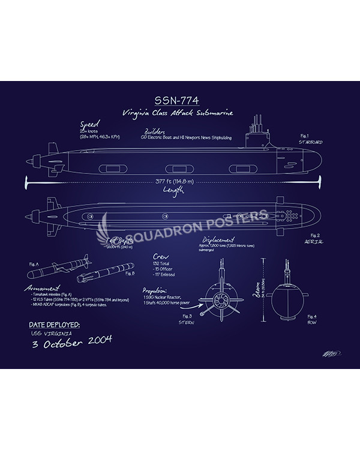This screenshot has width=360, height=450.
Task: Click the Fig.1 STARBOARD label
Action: click(311, 140)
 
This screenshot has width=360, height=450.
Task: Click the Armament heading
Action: click(42, 289)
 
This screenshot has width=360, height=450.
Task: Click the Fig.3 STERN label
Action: click(187, 319)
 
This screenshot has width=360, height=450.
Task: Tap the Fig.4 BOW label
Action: click(312, 319)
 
